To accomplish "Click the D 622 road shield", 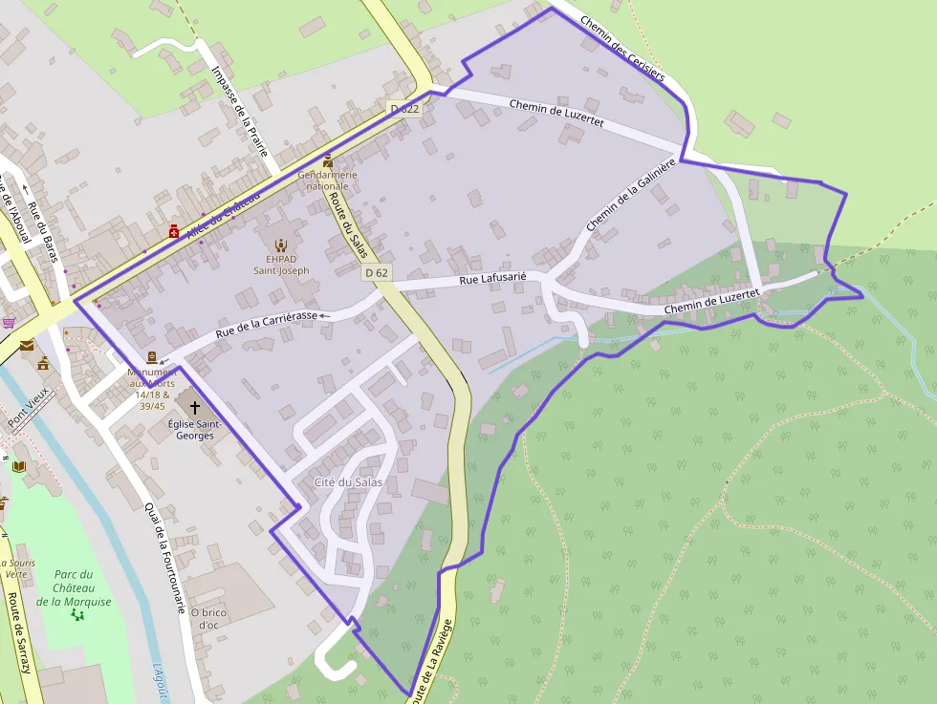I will pyautogui.click(x=405, y=109).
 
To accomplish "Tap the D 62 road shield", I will pyautogui.click(x=376, y=273).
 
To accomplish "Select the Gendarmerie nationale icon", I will pyautogui.click(x=328, y=161).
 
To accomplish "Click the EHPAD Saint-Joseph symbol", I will pyautogui.click(x=280, y=245).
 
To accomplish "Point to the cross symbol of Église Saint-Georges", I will pyautogui.click(x=195, y=408).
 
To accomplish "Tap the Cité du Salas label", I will pyautogui.click(x=348, y=482).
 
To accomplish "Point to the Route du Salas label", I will pyautogui.click(x=347, y=221).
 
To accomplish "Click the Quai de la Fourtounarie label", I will pyautogui.click(x=163, y=558).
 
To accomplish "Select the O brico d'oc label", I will pyautogui.click(x=208, y=618).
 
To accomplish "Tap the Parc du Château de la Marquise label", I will pyautogui.click(x=74, y=587).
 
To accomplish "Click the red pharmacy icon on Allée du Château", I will pyautogui.click(x=173, y=231).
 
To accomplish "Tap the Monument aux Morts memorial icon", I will pyautogui.click(x=152, y=357).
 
